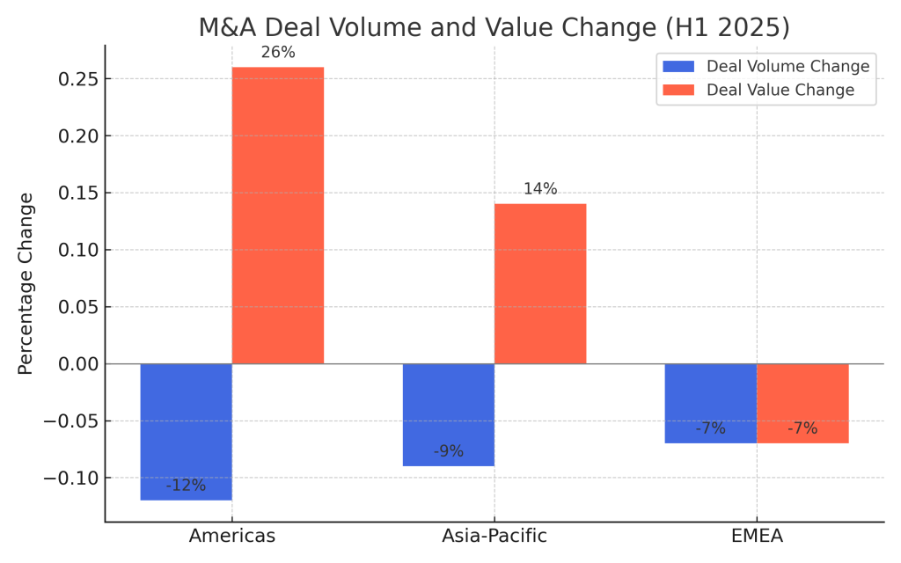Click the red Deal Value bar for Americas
(x=277, y=216)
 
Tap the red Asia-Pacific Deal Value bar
(x=540, y=283)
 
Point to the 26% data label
(x=278, y=53)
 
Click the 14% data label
(x=540, y=189)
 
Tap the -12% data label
(x=186, y=486)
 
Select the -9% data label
(x=448, y=452)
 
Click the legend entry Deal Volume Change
(x=787, y=67)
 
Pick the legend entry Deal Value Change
(x=780, y=91)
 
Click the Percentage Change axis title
(x=26, y=283)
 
